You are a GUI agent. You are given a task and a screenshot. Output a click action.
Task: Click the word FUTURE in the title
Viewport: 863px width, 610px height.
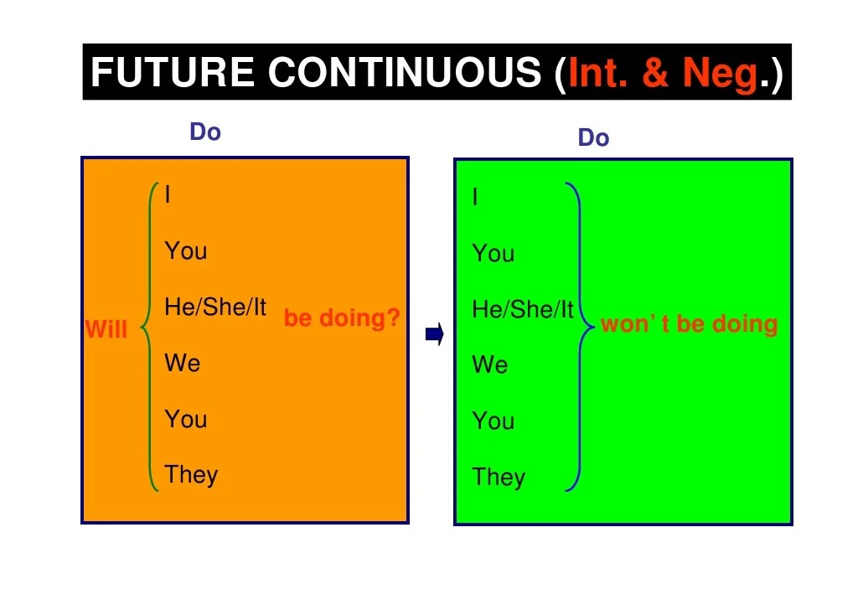coord(173,73)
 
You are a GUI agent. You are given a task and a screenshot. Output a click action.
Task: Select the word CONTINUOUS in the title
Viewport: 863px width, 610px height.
coord(405,73)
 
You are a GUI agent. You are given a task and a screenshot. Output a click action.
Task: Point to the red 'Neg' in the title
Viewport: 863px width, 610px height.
coord(720,74)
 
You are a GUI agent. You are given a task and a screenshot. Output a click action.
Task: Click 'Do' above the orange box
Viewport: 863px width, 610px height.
coord(205,132)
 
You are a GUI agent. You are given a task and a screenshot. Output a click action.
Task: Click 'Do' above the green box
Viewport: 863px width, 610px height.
coord(593,137)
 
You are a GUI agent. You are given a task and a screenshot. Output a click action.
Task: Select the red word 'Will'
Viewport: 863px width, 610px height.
coord(106,329)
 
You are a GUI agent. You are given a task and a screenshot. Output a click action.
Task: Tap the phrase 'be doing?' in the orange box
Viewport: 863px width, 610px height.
coord(342,318)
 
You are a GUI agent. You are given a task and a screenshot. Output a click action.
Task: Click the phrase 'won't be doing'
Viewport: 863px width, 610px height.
coord(689,324)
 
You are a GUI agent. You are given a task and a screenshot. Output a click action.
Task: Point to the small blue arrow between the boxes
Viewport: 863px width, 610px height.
coord(434,335)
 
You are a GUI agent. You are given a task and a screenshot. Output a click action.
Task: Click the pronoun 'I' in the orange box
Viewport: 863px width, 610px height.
coord(168,195)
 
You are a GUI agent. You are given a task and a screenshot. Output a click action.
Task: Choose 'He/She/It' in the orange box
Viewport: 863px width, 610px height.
coord(215,308)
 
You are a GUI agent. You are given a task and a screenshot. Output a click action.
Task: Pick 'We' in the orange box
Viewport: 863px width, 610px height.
coord(183,363)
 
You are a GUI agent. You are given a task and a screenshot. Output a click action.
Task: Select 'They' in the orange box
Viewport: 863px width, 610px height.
coord(191,474)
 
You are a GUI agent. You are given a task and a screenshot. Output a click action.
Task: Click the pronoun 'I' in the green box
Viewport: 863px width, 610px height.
coord(476,198)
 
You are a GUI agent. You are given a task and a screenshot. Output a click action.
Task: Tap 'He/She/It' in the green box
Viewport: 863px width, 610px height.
coord(523,310)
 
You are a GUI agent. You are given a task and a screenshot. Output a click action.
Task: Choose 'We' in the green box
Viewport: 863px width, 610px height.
coord(490,365)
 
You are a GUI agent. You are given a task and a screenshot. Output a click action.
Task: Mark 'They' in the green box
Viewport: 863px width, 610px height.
coord(499,477)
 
